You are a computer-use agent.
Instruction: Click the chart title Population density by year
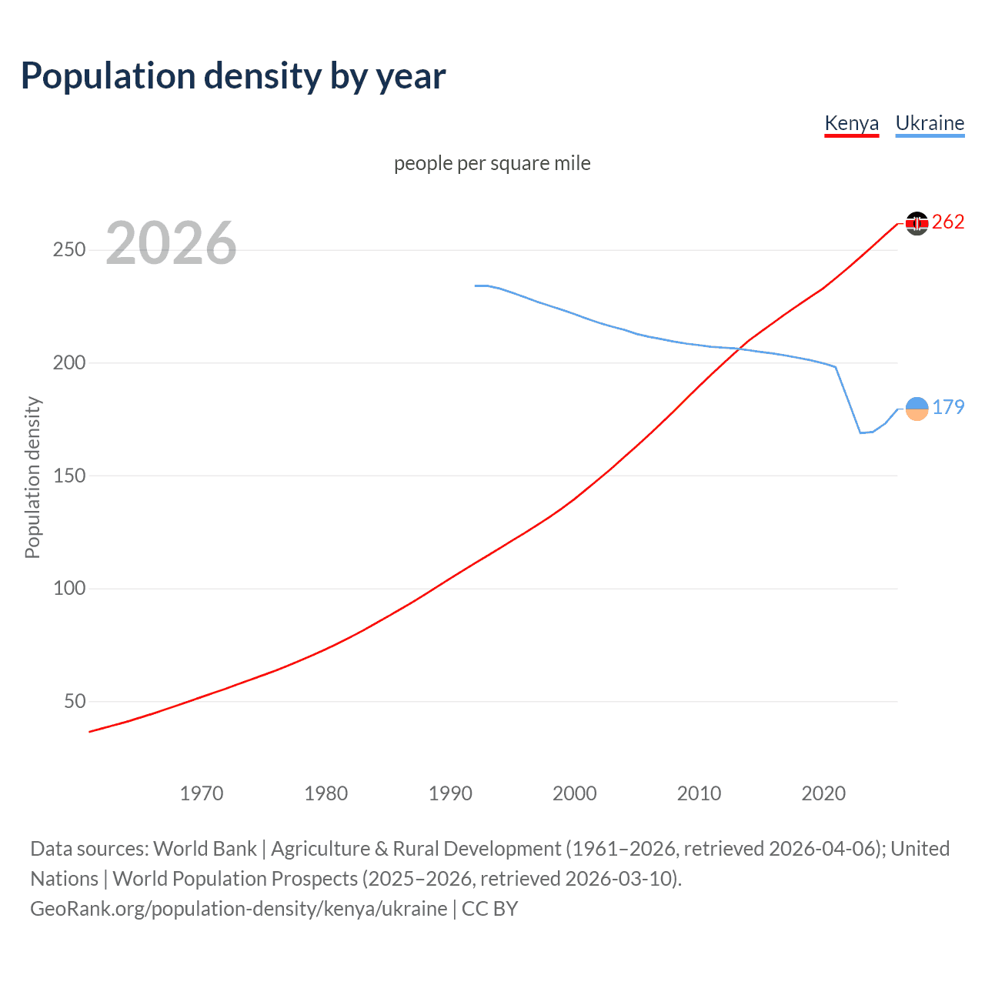(x=233, y=76)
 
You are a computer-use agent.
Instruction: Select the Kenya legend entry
(x=851, y=123)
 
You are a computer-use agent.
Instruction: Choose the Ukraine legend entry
(x=930, y=123)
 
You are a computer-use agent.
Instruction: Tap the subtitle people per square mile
(x=492, y=163)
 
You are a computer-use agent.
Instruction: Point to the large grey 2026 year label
(x=171, y=243)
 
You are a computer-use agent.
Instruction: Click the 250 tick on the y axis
(x=69, y=250)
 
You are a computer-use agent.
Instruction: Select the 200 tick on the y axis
(x=69, y=362)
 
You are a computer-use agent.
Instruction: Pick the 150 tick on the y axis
(x=69, y=476)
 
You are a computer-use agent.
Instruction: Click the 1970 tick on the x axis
(x=202, y=793)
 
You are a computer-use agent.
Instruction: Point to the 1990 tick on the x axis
(x=450, y=793)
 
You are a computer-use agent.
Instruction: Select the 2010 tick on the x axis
(x=699, y=793)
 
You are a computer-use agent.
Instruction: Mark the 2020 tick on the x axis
(x=823, y=793)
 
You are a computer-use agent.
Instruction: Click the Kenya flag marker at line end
(x=917, y=223)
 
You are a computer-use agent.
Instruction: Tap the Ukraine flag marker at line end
(x=917, y=409)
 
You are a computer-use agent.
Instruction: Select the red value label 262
(x=948, y=222)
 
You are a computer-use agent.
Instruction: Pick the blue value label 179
(x=948, y=407)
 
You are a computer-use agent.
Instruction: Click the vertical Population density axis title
(x=32, y=477)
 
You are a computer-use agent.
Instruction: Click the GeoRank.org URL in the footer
(x=239, y=909)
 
